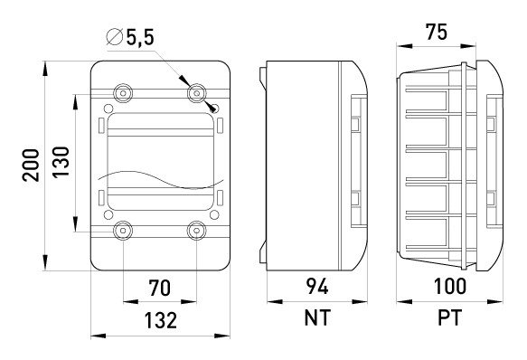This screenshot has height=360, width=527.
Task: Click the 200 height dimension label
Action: click(31, 166)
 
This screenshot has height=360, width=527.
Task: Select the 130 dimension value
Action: click(61, 162)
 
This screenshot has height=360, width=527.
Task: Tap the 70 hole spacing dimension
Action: click(160, 289)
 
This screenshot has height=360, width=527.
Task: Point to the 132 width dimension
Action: click(160, 320)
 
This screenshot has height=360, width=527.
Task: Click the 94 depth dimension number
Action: click(317, 287)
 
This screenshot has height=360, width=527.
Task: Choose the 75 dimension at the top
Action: click(437, 32)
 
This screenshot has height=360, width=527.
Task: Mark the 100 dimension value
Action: click(449, 287)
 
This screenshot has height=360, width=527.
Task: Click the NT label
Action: click(317, 317)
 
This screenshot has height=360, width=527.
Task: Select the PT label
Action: click(449, 317)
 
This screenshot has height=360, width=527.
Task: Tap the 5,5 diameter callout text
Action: click(140, 37)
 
